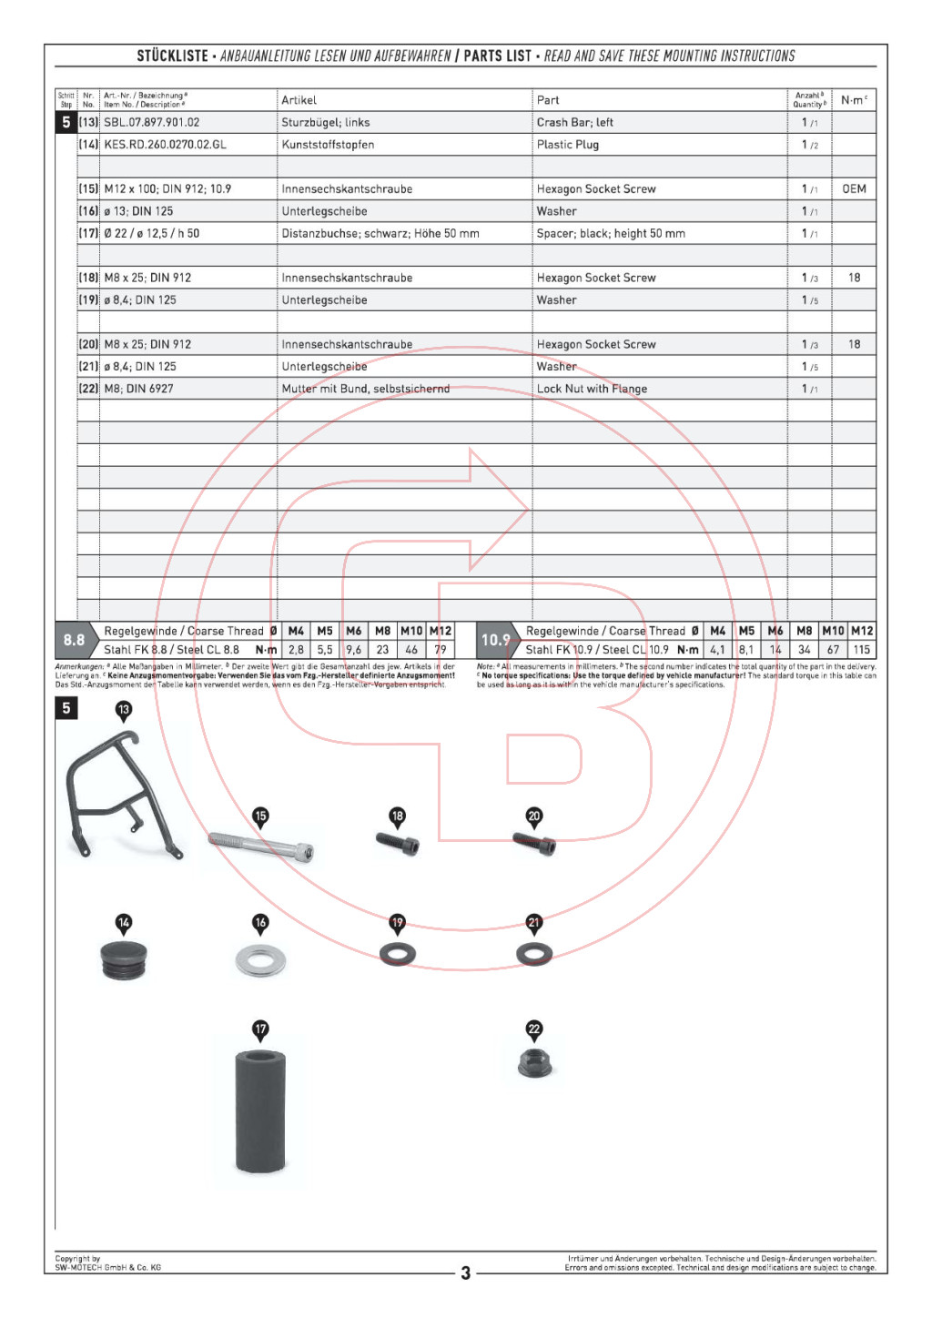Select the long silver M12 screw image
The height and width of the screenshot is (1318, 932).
coord(262,847)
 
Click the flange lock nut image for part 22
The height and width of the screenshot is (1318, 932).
coord(535,1063)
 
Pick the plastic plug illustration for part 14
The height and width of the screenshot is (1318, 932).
coord(124,960)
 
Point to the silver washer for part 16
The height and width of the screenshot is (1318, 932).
coord(260,958)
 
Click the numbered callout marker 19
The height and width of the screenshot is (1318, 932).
coord(397,923)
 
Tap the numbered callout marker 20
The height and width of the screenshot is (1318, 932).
coord(534,816)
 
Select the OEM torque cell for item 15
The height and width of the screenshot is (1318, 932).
coord(854,189)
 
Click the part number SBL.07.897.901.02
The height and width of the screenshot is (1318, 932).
coord(152,122)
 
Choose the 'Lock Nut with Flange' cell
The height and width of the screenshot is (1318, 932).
coord(592,389)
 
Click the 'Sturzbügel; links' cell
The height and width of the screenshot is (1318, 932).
coord(326,122)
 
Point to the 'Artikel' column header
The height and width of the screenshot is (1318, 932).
coord(299,100)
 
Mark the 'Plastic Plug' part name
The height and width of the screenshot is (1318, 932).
coord(567,145)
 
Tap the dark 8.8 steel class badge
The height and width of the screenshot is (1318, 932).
coord(75,640)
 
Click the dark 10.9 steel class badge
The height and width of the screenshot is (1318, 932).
coord(496,640)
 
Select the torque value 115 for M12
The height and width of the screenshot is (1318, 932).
coord(861,650)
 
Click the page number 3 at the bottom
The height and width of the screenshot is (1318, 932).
coord(465,1272)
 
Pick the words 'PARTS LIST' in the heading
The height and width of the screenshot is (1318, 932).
coord(497,56)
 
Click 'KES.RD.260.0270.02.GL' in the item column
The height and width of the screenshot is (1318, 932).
coord(165,145)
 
